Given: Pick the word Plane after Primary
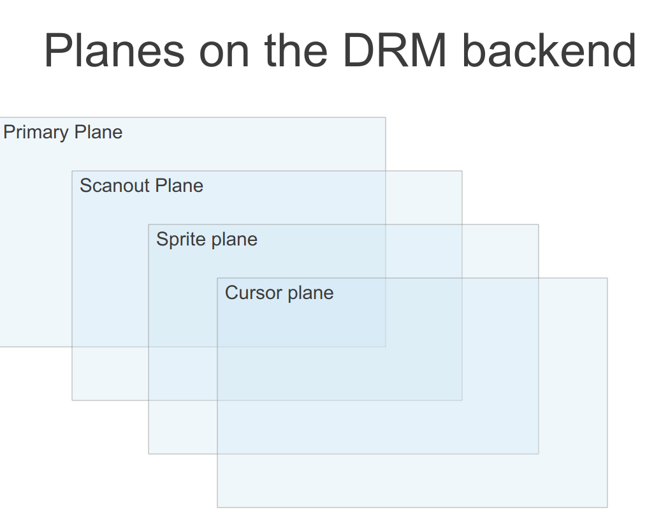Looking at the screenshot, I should click(x=98, y=132).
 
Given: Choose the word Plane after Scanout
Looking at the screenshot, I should click(x=179, y=186).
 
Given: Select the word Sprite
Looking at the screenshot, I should click(x=180, y=240).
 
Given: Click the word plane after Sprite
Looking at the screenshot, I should click(x=233, y=240).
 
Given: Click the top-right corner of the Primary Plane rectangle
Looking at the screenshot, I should click(x=386, y=117).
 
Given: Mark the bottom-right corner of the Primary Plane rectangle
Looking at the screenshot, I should click(x=386, y=347).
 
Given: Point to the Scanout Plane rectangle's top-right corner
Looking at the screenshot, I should click(x=462, y=171).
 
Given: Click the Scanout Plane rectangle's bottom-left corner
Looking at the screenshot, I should click(x=72, y=400).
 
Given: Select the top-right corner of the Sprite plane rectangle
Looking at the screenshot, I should click(x=539, y=224).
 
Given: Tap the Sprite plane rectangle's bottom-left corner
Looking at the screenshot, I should click(x=149, y=454).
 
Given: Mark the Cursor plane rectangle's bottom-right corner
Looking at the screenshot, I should click(x=607, y=508).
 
